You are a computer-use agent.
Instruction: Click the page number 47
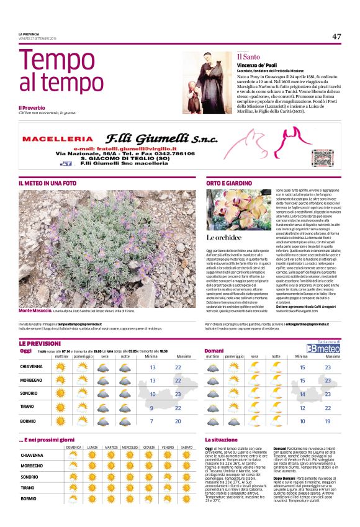coord(336,36)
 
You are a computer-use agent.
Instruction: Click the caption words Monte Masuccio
coord(34,310)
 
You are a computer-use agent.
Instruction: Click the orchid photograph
coord(238,210)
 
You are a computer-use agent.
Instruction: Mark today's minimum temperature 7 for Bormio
coord(153,421)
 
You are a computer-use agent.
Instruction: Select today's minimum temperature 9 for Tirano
coord(153,408)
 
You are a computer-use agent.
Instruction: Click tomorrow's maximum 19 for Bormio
coord(328,421)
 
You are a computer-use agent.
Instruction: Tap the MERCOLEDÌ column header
coord(130,447)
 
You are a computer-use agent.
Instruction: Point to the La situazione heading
coord(221,439)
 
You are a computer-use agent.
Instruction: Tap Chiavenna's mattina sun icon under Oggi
coord(61,367)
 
